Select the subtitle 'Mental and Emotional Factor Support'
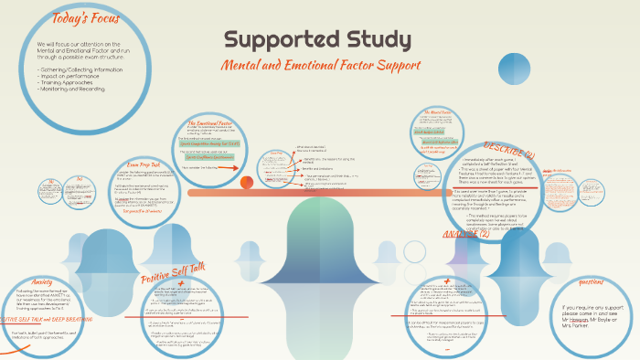320,66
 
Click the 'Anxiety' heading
48,281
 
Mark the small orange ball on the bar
246,183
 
